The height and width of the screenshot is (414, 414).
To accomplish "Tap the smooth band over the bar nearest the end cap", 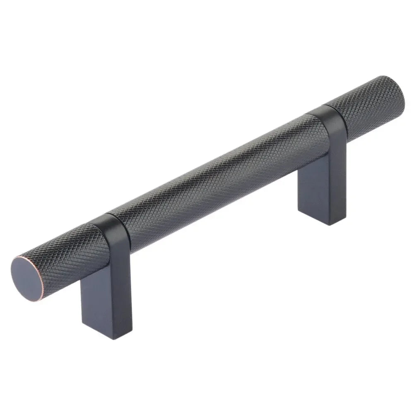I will point(116,230).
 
